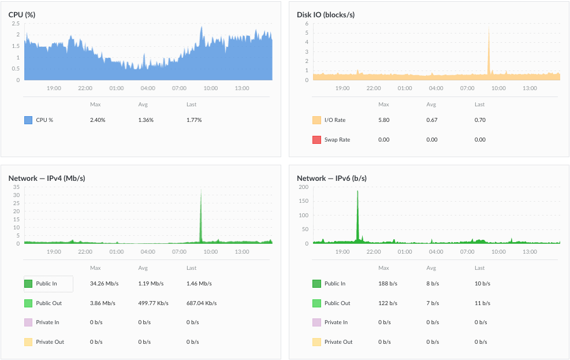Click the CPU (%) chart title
tap(22, 15)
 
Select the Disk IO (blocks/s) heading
tap(326, 15)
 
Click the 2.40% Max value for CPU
tap(98, 120)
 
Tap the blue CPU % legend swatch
tap(28, 120)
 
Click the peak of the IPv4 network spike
tap(201, 189)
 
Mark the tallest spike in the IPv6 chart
tap(357, 191)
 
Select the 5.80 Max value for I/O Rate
tap(384, 120)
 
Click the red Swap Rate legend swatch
tap(316, 140)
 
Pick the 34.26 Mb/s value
tap(105, 284)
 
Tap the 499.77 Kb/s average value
tap(154, 303)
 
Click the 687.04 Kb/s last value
tap(202, 303)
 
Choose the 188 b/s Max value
tap(388, 284)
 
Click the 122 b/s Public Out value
tap(388, 303)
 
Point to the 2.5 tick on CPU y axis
tap(16, 24)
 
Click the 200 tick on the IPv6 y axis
tap(304, 187)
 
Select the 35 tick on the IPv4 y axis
tap(16, 187)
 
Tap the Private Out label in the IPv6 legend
tap(338, 342)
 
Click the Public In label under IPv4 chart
tap(47, 284)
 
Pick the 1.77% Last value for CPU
tap(194, 120)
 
